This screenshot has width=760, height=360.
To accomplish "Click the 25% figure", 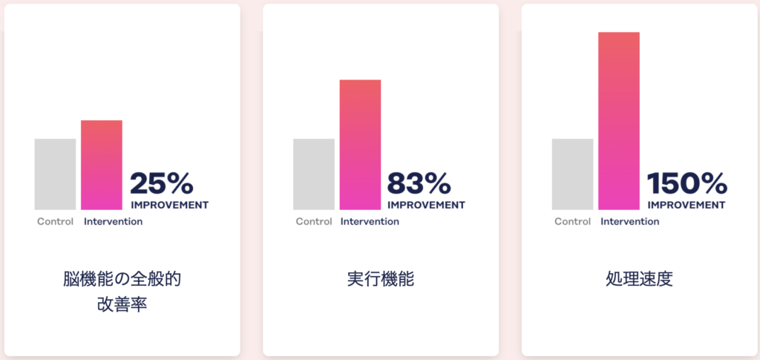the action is [x=162, y=183].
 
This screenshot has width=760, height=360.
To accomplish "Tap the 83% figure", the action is [x=419, y=183].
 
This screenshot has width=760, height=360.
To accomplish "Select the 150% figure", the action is [x=687, y=183].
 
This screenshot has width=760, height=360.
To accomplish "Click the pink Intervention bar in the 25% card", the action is [x=101, y=166].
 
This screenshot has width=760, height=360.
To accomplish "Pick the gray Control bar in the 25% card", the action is [x=55, y=174].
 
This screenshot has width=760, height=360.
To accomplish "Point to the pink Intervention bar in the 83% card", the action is [x=360, y=145].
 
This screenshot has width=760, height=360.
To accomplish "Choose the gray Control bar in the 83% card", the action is [x=314, y=174].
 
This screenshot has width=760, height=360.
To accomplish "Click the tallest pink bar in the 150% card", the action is [x=619, y=121].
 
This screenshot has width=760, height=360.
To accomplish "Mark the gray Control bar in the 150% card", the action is [x=572, y=174].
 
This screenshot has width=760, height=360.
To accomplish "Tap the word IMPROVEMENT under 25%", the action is [x=170, y=206].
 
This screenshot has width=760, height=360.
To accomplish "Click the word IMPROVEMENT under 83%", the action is [x=426, y=206].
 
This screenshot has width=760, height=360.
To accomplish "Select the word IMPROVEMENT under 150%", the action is [x=687, y=206].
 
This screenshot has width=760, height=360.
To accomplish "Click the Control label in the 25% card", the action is [x=55, y=222].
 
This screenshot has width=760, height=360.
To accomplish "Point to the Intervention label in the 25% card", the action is [x=114, y=222].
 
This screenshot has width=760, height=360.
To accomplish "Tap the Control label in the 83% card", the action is [x=314, y=222].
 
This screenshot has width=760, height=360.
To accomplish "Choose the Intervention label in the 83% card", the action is [x=370, y=222].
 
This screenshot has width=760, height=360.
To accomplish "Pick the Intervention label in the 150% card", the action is [x=629, y=222].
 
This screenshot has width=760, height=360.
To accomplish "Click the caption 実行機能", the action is [x=381, y=280].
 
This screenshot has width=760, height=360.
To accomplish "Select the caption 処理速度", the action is [x=639, y=280].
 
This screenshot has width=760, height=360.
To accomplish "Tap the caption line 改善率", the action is [x=122, y=305].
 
